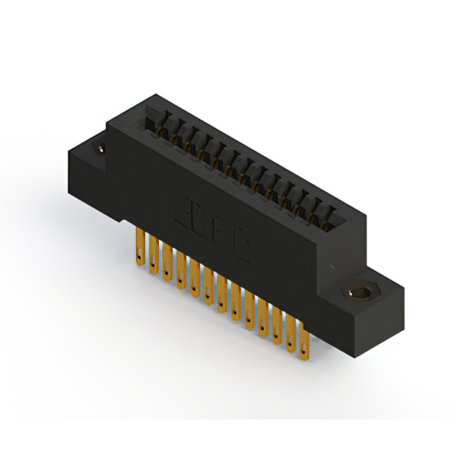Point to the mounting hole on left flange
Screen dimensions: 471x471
pyautogui.click(x=98, y=149)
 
